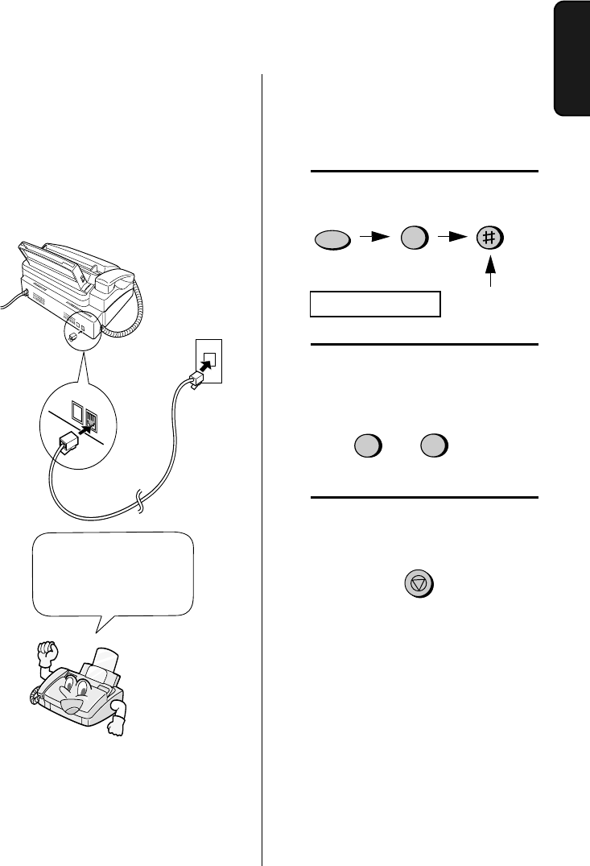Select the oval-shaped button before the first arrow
pos(331,240)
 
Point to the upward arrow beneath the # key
pos(489,275)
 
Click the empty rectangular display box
pos(376,304)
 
